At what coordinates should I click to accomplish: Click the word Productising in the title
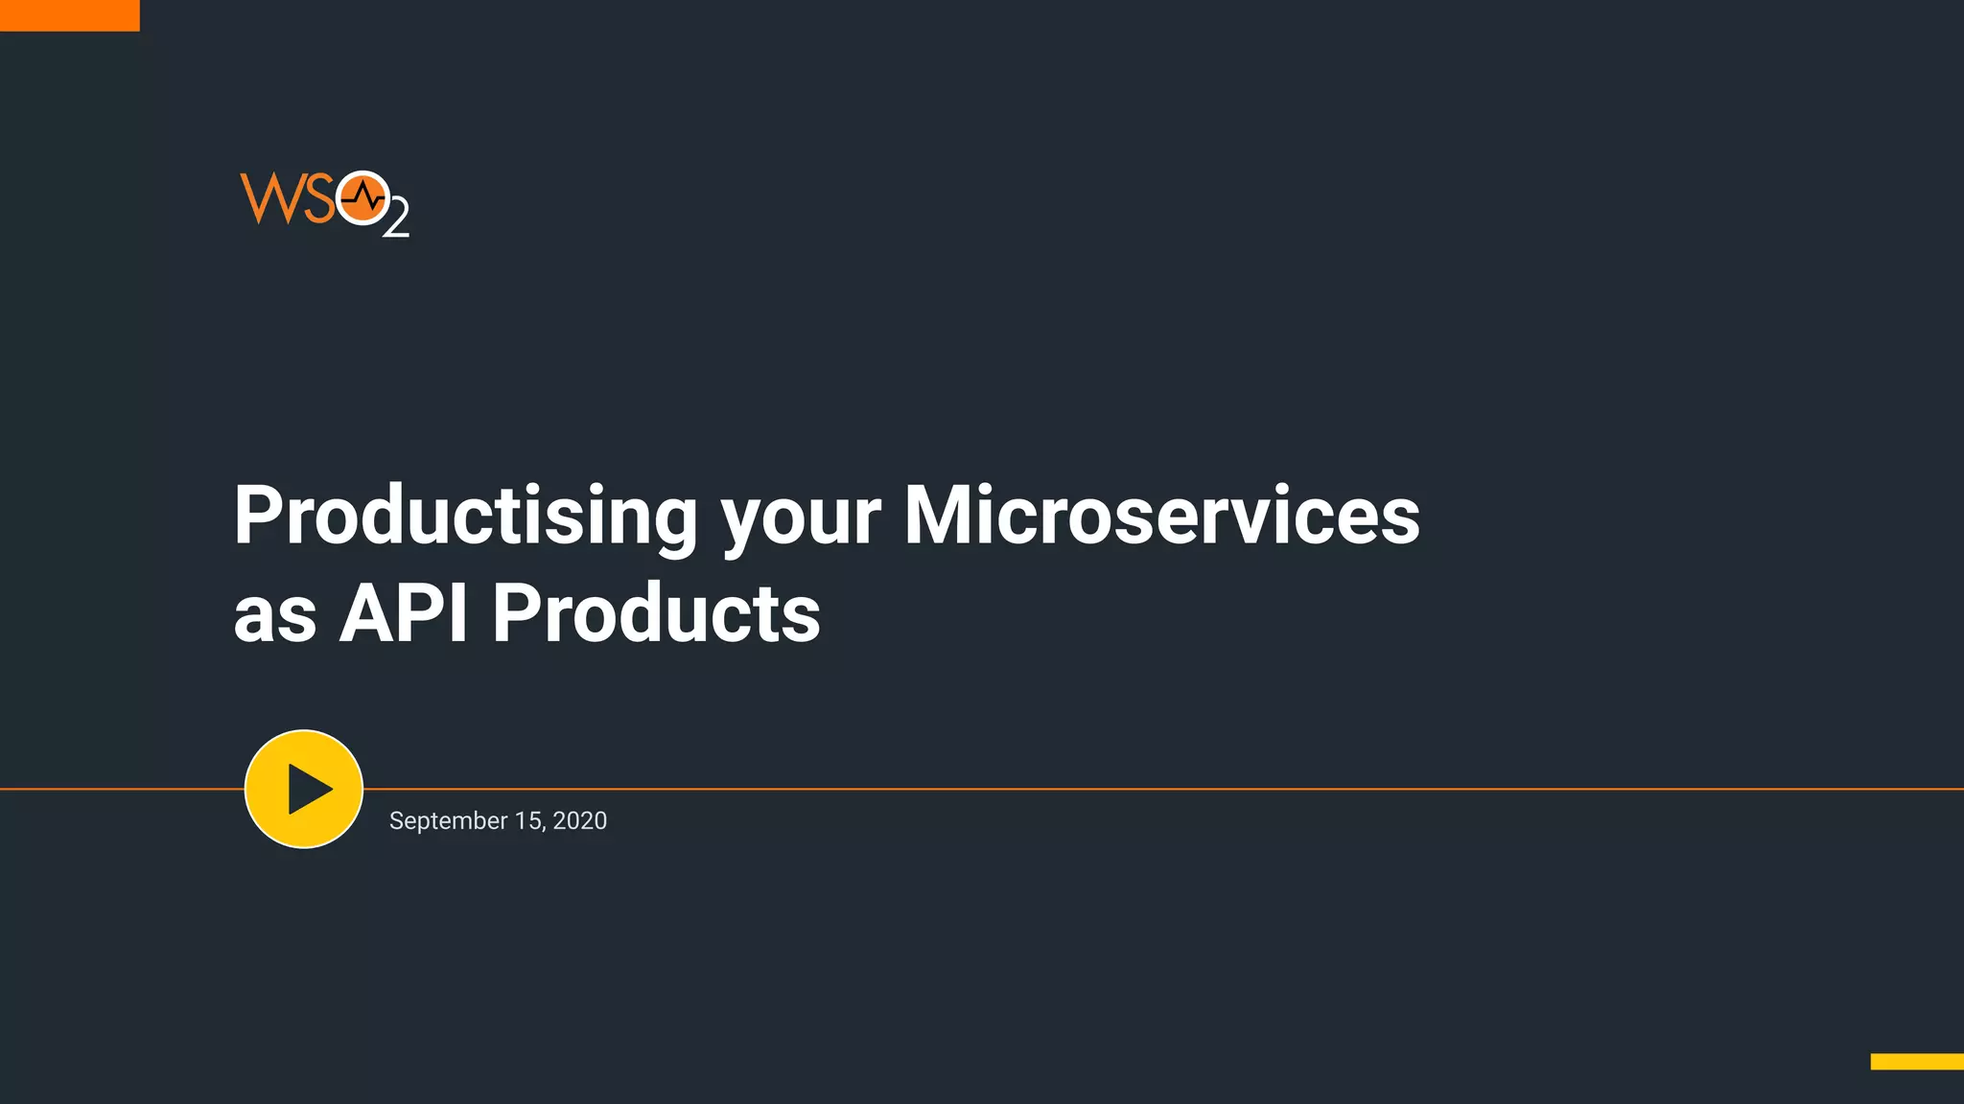[x=465, y=517]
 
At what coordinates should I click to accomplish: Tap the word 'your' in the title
[x=800, y=522]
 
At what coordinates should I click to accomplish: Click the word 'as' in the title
[x=274, y=616]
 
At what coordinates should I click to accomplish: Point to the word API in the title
[x=404, y=613]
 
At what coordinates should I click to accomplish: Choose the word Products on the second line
[x=656, y=613]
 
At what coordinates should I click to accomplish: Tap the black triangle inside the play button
[x=308, y=790]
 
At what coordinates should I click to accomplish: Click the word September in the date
[x=448, y=821]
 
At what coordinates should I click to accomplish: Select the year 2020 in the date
[x=579, y=821]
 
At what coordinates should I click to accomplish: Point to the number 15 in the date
[x=528, y=821]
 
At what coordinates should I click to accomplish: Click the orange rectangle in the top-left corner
[x=69, y=14]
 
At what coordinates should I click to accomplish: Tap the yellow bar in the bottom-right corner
[x=1916, y=1061]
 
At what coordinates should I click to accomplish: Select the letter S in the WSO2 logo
[x=319, y=199]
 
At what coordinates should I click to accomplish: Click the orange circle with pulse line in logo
[x=362, y=198]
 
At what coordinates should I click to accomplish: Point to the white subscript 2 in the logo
[x=396, y=218]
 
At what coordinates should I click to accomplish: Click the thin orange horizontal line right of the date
[x=1247, y=789]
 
